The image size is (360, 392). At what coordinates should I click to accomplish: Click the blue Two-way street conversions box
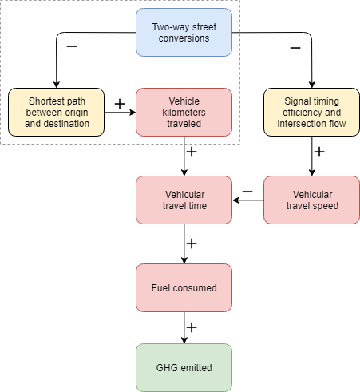pyautogui.click(x=184, y=32)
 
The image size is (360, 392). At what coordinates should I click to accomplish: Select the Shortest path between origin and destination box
pyautogui.click(x=56, y=112)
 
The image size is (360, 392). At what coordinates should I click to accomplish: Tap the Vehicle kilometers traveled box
pyautogui.click(x=184, y=112)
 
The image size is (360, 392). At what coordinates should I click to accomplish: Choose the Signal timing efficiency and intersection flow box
pyautogui.click(x=312, y=112)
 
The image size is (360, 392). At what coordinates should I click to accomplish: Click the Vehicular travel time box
pyautogui.click(x=184, y=200)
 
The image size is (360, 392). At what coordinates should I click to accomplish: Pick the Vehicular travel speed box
pyautogui.click(x=312, y=200)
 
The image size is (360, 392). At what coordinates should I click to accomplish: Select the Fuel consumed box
pyautogui.click(x=184, y=287)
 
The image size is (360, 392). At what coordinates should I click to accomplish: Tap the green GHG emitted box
pyautogui.click(x=184, y=367)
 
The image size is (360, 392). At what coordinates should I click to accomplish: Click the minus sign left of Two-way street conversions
pyautogui.click(x=72, y=46)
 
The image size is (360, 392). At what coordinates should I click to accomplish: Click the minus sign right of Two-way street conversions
pyautogui.click(x=295, y=48)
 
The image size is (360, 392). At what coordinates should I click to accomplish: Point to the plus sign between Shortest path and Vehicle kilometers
pyautogui.click(x=120, y=103)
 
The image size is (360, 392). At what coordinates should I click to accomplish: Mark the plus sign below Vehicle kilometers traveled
pyautogui.click(x=192, y=151)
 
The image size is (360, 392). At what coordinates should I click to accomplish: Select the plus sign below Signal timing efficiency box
pyautogui.click(x=319, y=151)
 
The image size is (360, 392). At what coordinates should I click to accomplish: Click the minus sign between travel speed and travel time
pyautogui.click(x=247, y=191)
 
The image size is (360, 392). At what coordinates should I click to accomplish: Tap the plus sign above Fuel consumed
pyautogui.click(x=192, y=242)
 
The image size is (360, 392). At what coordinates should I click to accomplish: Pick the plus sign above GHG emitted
pyautogui.click(x=192, y=327)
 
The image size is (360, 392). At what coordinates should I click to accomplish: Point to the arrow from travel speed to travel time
pyautogui.click(x=248, y=200)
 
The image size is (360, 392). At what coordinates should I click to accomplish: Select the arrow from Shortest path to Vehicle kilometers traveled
pyautogui.click(x=120, y=112)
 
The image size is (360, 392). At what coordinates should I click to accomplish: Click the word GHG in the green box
pyautogui.click(x=168, y=367)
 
